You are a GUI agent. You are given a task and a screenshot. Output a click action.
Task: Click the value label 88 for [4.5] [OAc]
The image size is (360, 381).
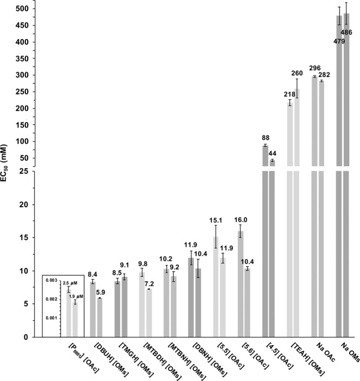[x=266, y=138]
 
